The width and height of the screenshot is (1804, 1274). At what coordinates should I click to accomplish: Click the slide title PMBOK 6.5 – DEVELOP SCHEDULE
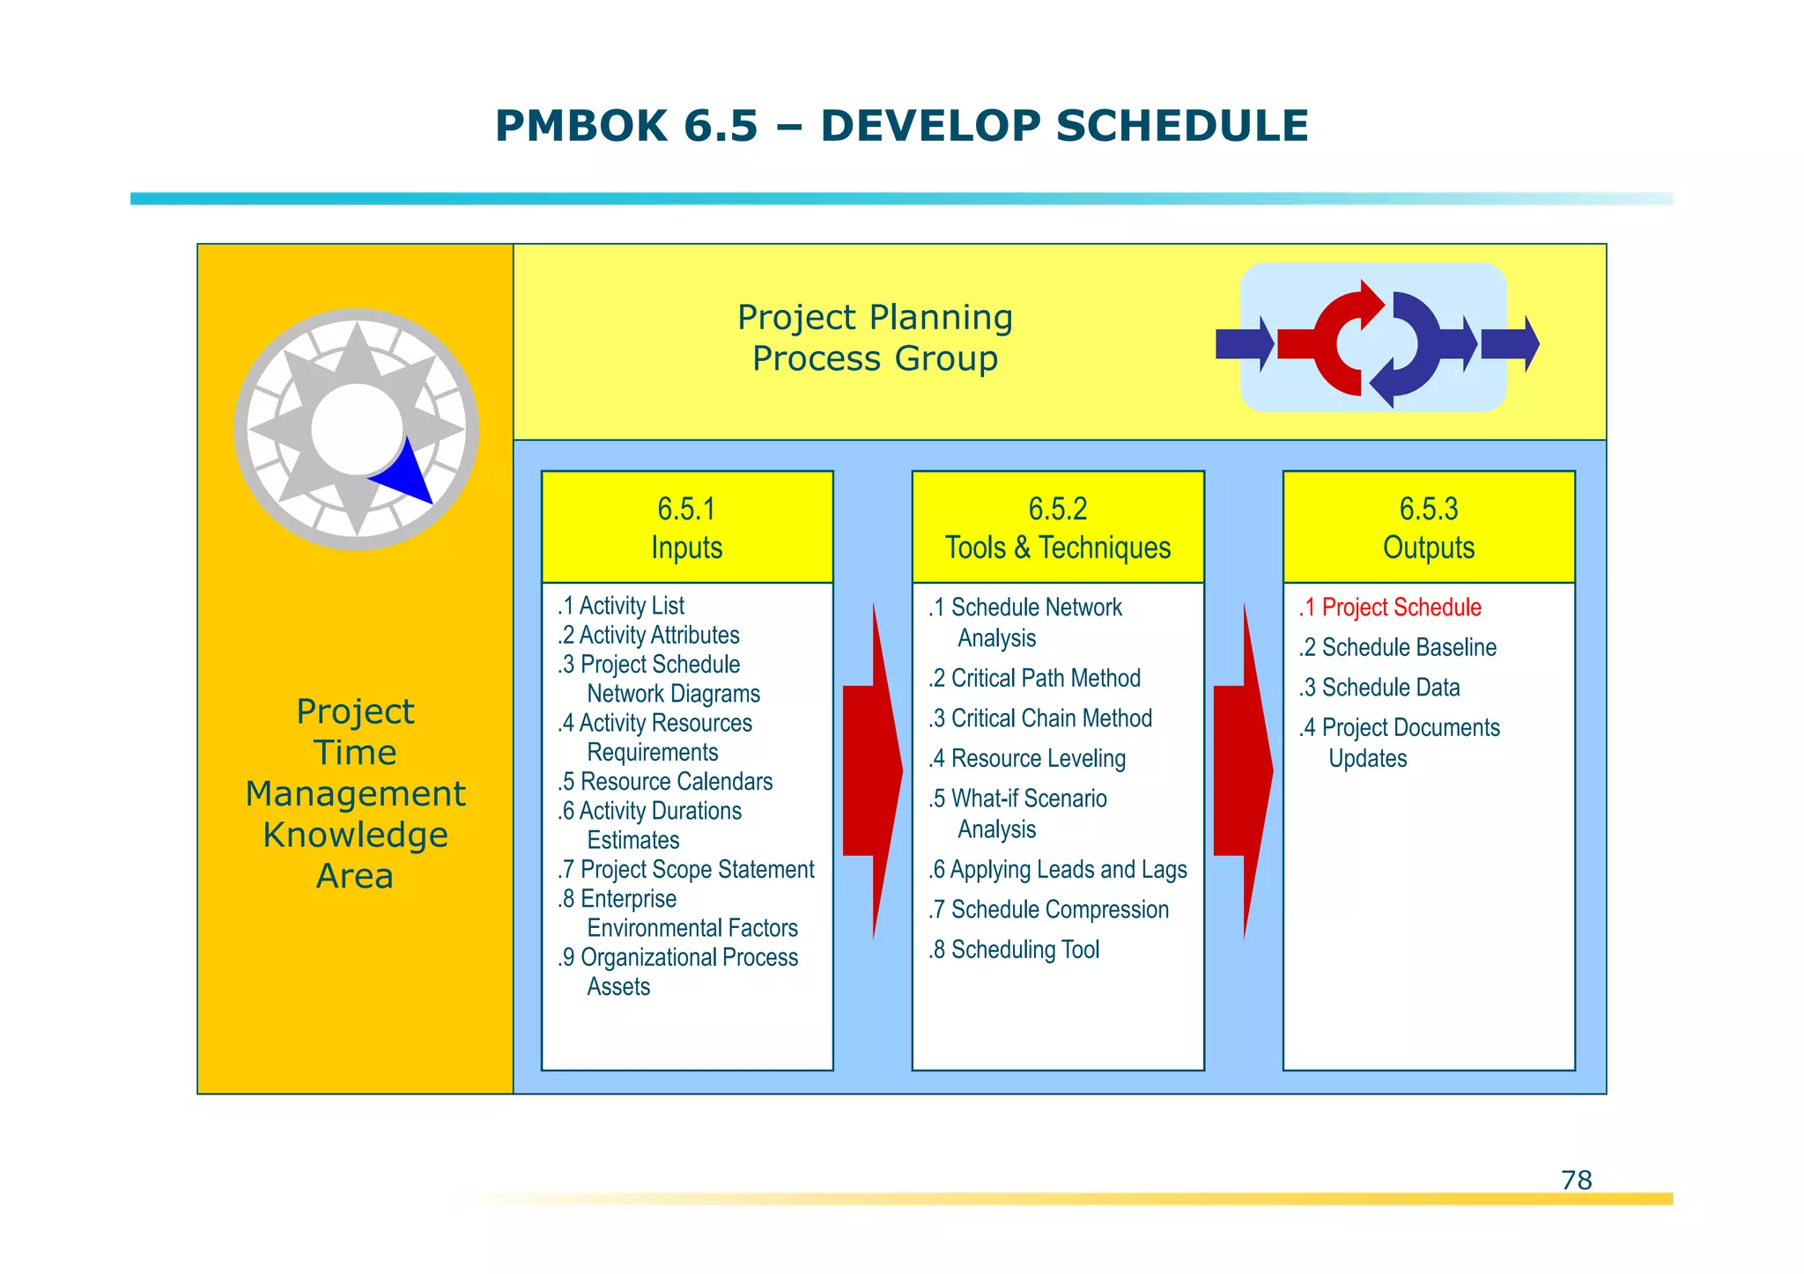(x=901, y=126)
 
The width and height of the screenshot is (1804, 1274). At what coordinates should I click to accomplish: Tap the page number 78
(x=1576, y=1180)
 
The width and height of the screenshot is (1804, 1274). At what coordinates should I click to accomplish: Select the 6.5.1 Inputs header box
(x=687, y=527)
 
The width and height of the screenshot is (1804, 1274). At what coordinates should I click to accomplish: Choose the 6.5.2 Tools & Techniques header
(x=1058, y=527)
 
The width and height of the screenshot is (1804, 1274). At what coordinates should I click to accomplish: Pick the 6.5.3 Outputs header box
(x=1429, y=527)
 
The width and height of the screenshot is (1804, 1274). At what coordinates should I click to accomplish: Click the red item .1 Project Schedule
(x=1390, y=608)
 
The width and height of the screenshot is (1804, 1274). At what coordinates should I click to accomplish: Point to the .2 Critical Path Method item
(x=1034, y=678)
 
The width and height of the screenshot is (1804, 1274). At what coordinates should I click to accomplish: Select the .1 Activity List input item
(x=621, y=606)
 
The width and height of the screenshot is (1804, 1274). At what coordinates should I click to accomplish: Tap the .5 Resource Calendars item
(x=665, y=781)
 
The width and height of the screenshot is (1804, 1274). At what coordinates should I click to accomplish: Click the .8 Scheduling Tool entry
(x=1014, y=949)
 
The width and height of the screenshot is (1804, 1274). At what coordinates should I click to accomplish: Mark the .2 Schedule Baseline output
(x=1397, y=647)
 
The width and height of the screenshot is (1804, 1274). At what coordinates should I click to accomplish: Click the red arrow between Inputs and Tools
(x=871, y=770)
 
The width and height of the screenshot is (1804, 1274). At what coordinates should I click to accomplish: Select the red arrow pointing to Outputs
(x=1242, y=770)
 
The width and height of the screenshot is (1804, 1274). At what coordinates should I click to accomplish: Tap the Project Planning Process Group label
(x=875, y=338)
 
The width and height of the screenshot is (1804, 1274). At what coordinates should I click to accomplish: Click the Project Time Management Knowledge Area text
(x=355, y=793)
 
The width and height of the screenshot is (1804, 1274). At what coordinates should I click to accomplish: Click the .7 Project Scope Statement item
(x=686, y=870)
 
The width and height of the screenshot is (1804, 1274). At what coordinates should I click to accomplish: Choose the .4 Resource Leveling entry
(x=1027, y=758)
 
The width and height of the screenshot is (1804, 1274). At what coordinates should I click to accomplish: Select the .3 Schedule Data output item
(x=1379, y=688)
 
